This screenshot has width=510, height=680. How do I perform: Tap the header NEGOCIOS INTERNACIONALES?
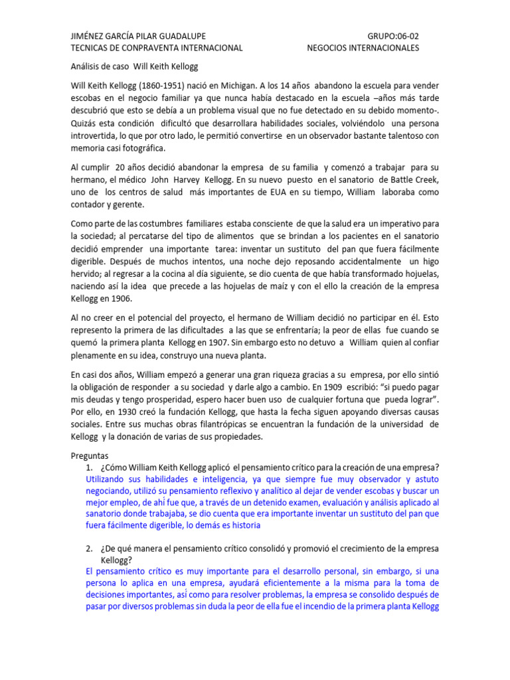[x=363, y=48]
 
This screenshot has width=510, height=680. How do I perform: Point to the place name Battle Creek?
[x=410, y=181]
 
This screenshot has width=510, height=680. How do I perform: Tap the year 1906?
[x=121, y=299]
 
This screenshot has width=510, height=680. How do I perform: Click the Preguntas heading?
[x=89, y=456]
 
